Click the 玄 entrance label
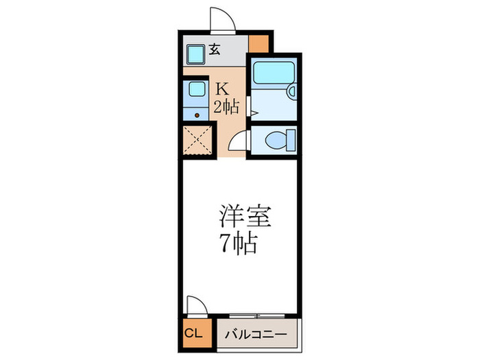point(215,49)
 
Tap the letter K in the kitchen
point(223,88)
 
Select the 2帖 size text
point(226,106)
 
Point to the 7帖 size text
point(239,243)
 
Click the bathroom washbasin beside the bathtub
point(291,90)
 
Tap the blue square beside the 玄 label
point(196,53)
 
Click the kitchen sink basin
point(196,89)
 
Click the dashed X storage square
point(198,142)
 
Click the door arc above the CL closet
point(195,303)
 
